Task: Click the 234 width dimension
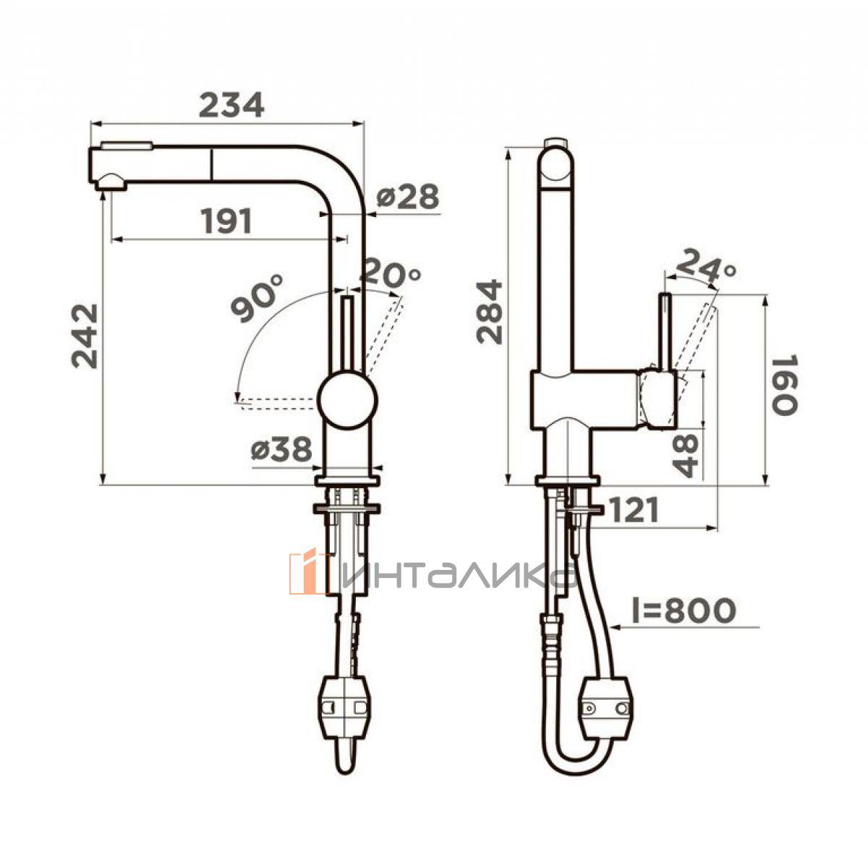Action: [x=231, y=104]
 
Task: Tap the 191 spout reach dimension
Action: [x=226, y=221]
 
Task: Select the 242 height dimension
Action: [x=84, y=336]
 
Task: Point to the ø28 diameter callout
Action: [x=407, y=197]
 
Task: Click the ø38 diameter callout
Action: [x=281, y=449]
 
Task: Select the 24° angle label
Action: [x=705, y=266]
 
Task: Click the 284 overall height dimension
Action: [x=489, y=312]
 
